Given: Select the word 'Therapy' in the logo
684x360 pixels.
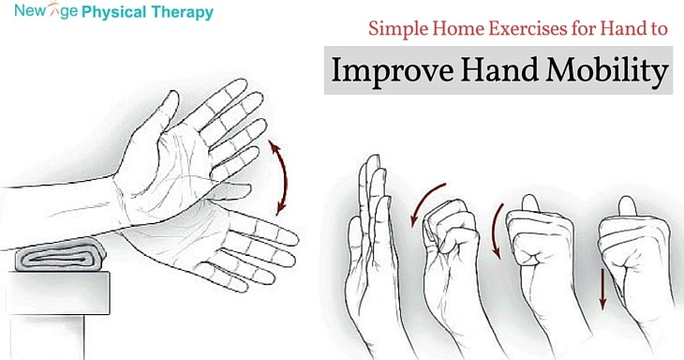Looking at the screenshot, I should click(184, 13).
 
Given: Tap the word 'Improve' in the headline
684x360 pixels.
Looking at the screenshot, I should click(392, 70).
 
